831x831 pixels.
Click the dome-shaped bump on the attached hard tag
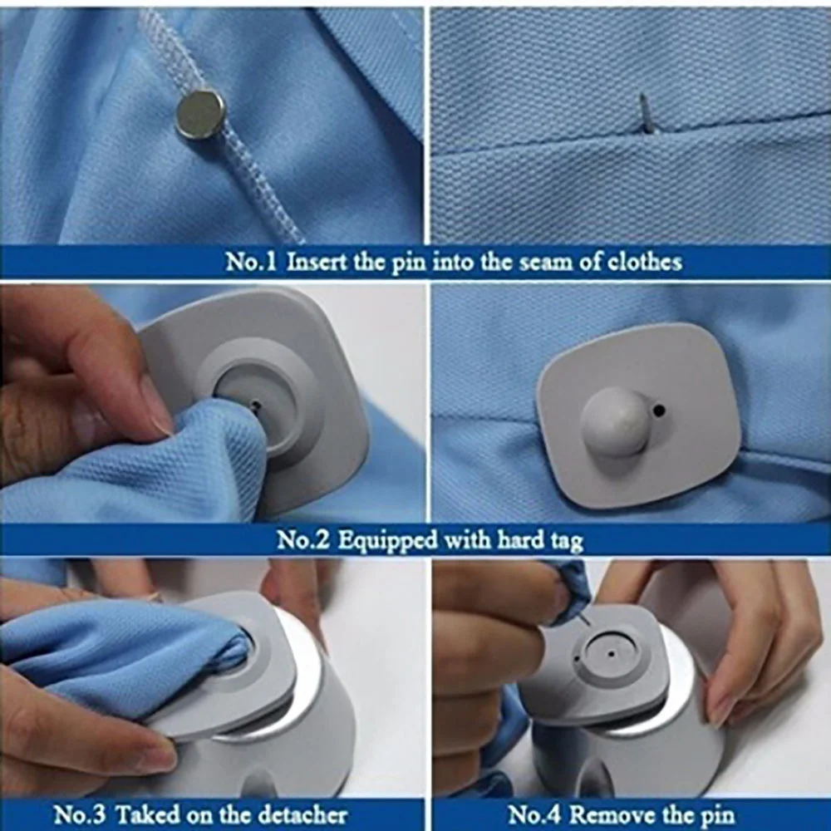coord(616,421)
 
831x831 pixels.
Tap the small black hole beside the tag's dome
coord(659,410)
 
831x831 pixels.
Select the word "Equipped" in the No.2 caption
coord(387,541)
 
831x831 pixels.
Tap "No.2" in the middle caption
coord(303,541)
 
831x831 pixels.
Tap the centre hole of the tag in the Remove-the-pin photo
coord(611,654)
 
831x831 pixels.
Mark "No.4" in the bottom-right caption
coord(534,814)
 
